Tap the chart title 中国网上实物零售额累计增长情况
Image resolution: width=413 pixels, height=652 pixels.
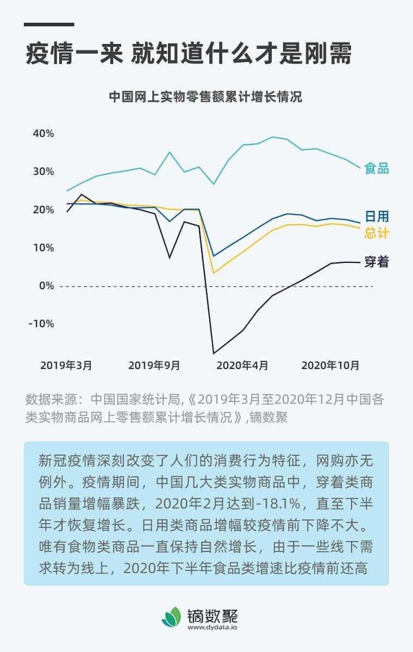click(206, 97)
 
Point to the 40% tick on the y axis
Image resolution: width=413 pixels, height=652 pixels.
click(43, 133)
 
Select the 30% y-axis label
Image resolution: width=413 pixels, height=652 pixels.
click(43, 171)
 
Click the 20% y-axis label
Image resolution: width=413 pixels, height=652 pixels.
click(43, 209)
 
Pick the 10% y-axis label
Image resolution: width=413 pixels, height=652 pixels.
click(43, 247)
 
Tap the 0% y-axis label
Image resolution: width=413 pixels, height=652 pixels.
click(46, 285)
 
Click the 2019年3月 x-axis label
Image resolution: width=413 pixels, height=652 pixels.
click(66, 364)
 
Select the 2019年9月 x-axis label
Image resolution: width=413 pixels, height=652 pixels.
click(153, 364)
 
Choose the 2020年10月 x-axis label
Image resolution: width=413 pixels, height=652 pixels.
click(330, 364)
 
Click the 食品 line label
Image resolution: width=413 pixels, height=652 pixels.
click(377, 168)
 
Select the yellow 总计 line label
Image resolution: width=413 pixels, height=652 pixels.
click(377, 233)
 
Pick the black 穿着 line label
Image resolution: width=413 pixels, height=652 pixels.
click(377, 262)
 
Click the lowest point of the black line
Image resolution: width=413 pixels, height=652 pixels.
click(213, 353)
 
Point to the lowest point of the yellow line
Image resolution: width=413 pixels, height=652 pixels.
click(213, 273)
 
